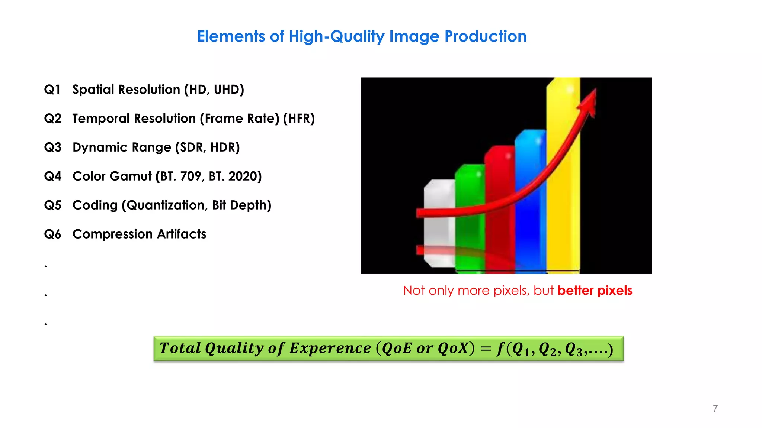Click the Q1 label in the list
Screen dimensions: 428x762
52,90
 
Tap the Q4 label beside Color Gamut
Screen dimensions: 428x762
52,176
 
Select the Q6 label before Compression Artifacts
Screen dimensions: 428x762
52,234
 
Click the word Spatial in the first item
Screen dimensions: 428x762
93,90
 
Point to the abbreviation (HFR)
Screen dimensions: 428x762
299,119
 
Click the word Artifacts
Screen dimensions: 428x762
182,234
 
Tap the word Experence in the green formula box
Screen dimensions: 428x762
330,348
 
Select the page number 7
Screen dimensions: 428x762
715,408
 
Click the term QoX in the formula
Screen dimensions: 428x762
452,348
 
